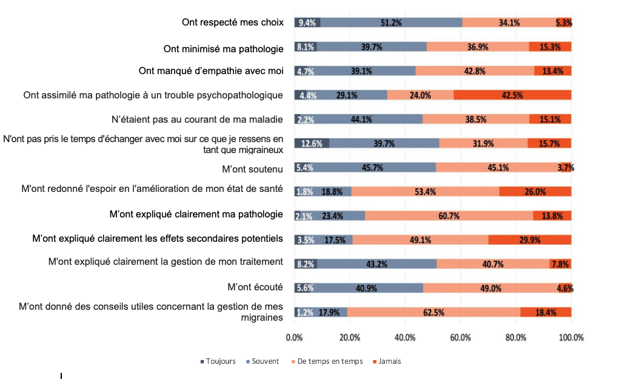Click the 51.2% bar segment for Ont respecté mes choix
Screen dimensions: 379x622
click(391, 22)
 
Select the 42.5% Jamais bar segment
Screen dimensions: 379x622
click(512, 95)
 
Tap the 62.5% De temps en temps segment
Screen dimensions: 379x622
click(433, 312)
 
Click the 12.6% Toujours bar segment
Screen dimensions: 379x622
click(312, 143)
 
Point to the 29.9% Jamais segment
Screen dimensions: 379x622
click(529, 239)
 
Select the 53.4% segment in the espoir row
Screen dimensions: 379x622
click(425, 191)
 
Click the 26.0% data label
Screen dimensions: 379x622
click(535, 191)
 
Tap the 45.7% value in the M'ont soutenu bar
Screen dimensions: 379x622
click(372, 168)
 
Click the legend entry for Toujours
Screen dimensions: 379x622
click(218, 361)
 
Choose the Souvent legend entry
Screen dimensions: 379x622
click(263, 361)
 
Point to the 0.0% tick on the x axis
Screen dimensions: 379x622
click(294, 337)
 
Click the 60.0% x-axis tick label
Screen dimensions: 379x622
click(461, 337)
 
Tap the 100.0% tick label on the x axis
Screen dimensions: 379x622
click(571, 337)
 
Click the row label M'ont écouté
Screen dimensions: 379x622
click(255, 287)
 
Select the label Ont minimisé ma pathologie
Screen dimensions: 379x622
click(224, 49)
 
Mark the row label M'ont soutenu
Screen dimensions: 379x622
click(253, 168)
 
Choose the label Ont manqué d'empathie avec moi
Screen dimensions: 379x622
click(211, 70)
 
